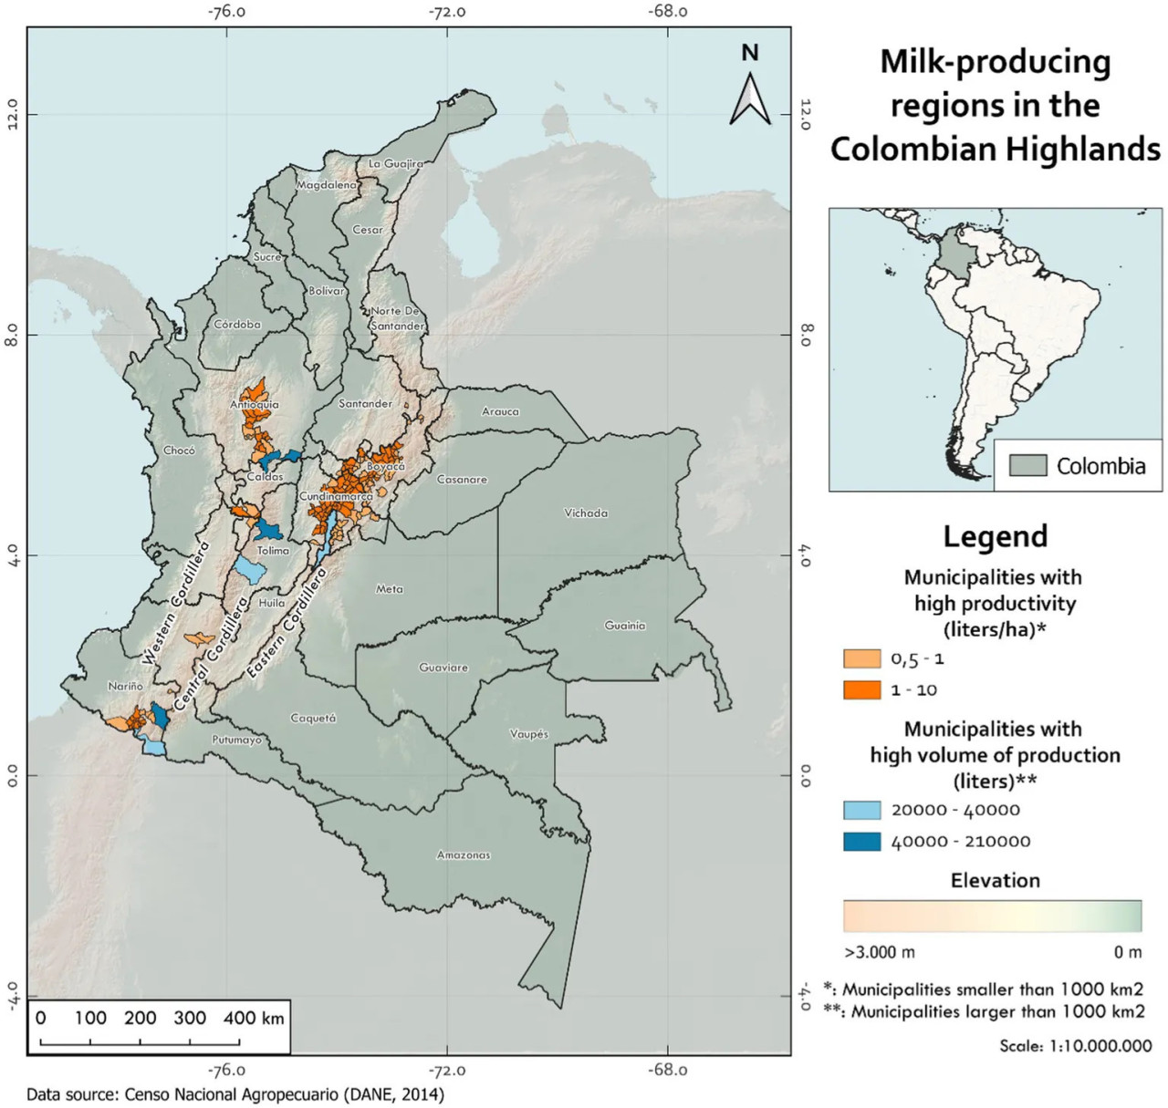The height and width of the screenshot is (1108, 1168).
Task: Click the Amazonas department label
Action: pyautogui.click(x=464, y=855)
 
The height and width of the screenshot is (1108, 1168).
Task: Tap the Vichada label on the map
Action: pyautogui.click(x=586, y=513)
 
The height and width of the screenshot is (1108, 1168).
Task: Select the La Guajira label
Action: pyautogui.click(x=396, y=164)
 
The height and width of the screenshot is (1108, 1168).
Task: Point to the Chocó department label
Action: pyautogui.click(x=179, y=450)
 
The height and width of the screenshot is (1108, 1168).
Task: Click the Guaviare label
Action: pyautogui.click(x=443, y=668)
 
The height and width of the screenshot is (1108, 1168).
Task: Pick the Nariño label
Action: pyautogui.click(x=125, y=687)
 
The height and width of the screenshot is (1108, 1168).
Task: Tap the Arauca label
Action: pyautogui.click(x=500, y=411)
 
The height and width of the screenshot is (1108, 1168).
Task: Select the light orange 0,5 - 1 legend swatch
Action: pyautogui.click(x=861, y=658)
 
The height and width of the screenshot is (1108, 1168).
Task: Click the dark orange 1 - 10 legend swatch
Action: pyautogui.click(x=861, y=690)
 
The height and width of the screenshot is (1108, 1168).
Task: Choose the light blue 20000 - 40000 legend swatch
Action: pyautogui.click(x=861, y=810)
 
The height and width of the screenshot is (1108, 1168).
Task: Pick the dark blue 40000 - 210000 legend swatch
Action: pyautogui.click(x=861, y=842)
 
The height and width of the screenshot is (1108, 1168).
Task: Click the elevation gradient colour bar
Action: pyautogui.click(x=992, y=916)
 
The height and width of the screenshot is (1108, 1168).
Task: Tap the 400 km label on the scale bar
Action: pyautogui.click(x=254, y=1018)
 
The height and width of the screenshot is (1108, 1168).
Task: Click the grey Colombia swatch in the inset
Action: pyautogui.click(x=1027, y=465)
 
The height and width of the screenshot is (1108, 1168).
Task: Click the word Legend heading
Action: pyautogui.click(x=996, y=537)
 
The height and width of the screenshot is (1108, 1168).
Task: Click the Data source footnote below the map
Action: pyautogui.click(x=235, y=1093)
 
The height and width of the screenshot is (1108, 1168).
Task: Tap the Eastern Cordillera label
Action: pyautogui.click(x=287, y=623)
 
